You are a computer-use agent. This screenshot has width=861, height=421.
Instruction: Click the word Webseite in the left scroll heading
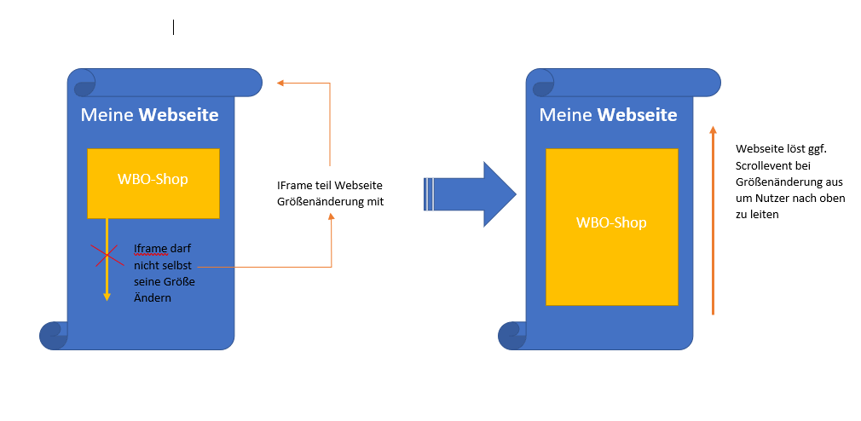(x=179, y=115)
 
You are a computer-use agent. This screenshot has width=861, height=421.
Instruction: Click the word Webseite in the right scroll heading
(x=638, y=115)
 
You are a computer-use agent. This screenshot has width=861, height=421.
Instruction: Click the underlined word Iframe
(x=150, y=249)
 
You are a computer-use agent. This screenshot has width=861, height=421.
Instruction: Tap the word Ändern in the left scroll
(x=153, y=297)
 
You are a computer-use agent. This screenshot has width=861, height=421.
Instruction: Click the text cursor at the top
(x=174, y=27)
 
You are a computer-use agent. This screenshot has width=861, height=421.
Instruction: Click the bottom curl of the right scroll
(x=512, y=335)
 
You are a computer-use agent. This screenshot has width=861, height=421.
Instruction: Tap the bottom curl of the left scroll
(x=54, y=335)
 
